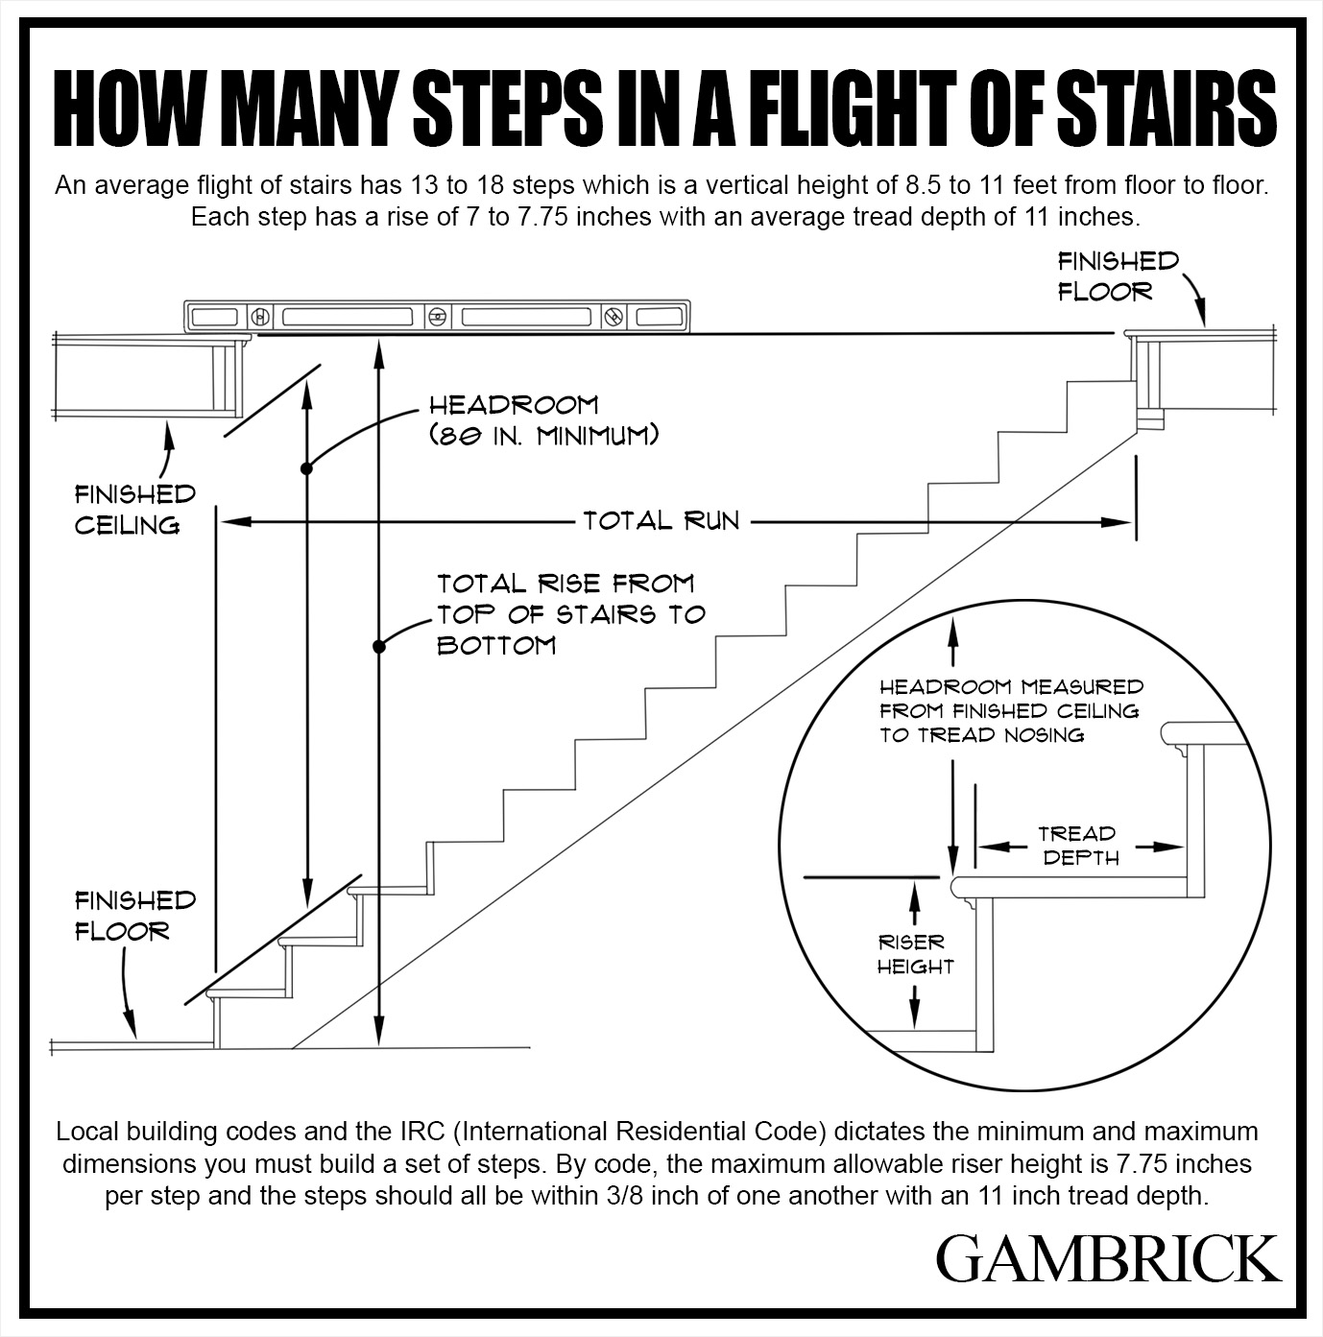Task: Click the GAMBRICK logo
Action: tap(1108, 1258)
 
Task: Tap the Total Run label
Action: tap(661, 521)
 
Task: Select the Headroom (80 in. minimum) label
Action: tap(543, 420)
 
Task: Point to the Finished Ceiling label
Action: tap(134, 510)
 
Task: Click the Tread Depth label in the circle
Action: tap(1079, 846)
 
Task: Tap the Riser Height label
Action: tap(915, 954)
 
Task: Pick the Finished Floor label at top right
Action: tap(1118, 276)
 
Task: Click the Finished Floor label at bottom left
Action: tap(134, 916)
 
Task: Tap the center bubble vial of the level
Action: tap(438, 316)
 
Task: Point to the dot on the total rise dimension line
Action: tap(380, 646)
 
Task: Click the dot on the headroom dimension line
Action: tap(306, 468)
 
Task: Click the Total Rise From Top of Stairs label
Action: tap(570, 613)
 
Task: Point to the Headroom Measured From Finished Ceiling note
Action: tap(1011, 711)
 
